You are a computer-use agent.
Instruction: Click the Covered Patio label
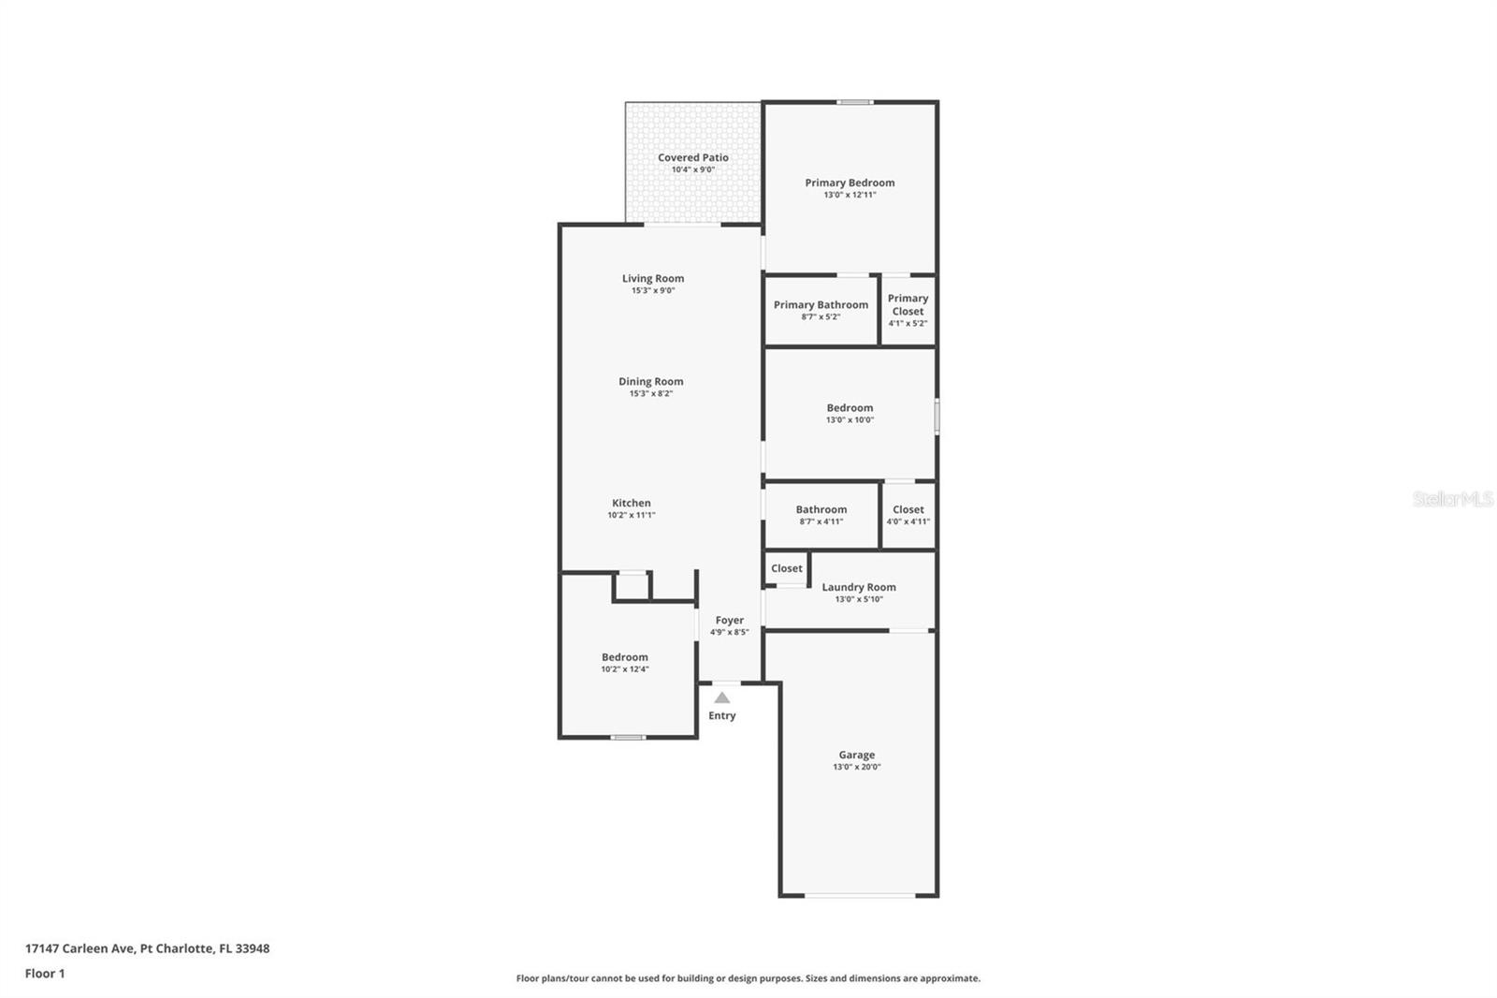click(693, 157)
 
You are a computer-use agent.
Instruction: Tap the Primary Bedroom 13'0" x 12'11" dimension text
click(850, 195)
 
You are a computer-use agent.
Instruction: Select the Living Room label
click(653, 278)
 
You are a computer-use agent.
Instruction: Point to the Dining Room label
click(651, 381)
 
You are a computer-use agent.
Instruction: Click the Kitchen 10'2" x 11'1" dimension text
click(631, 515)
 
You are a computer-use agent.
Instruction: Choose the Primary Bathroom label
click(821, 304)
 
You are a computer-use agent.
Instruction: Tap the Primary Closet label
click(908, 304)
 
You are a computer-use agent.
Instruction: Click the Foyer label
click(729, 620)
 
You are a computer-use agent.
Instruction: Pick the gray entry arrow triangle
click(721, 698)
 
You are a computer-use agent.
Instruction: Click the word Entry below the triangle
click(721, 715)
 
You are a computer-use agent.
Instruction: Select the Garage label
click(857, 755)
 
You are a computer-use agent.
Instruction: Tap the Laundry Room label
click(859, 587)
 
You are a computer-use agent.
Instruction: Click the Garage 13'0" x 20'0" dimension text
click(857, 767)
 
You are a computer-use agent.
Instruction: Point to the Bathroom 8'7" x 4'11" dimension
click(821, 521)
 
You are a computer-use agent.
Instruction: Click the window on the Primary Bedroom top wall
click(855, 102)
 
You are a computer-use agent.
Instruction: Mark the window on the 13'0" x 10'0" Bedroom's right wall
click(937, 416)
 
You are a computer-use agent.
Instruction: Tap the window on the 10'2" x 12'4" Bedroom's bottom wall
click(628, 737)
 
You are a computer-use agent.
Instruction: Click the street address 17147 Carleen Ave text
click(80, 947)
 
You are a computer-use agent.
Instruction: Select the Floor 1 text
click(45, 974)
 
